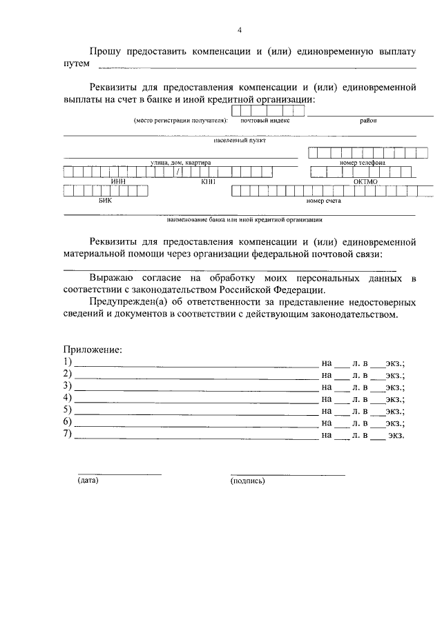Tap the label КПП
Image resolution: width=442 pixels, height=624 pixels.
coord(209,182)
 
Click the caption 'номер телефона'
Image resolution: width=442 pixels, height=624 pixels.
coord(362,163)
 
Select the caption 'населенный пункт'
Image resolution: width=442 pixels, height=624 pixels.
coord(240,141)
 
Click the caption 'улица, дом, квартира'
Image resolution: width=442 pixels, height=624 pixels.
coord(180,163)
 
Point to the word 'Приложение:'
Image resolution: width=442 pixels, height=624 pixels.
coord(93,350)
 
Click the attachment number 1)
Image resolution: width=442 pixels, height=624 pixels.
coord(68,362)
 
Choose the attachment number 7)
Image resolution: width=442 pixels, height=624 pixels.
coord(68,434)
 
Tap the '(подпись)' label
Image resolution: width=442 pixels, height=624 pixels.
coord(248,481)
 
